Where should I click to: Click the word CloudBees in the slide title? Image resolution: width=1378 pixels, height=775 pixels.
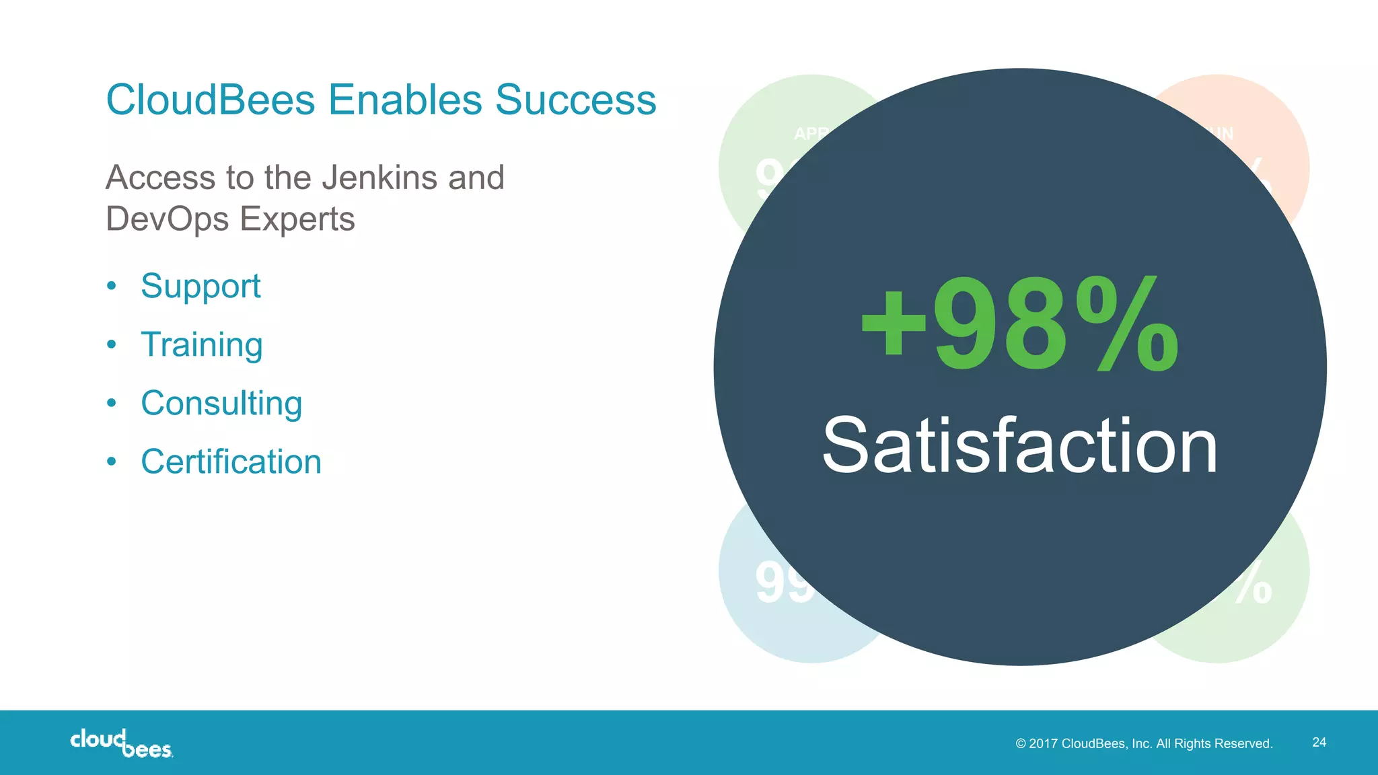[211, 100]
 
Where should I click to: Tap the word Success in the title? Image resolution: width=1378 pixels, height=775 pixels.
[575, 100]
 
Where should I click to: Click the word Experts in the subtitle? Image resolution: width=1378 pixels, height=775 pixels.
[297, 219]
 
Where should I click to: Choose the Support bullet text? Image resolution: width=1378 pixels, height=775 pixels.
[201, 287]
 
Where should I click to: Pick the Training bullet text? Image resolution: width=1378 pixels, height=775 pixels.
[202, 345]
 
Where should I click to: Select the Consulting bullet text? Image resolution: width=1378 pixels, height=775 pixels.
[221, 404]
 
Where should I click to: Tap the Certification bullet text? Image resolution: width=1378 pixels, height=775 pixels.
[231, 462]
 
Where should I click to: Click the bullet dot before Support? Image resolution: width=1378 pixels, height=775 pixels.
[112, 286]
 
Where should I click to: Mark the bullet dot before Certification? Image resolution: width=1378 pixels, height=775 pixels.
[112, 462]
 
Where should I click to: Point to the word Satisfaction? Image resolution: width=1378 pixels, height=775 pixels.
[1019, 446]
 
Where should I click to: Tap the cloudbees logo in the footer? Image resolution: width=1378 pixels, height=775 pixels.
[122, 743]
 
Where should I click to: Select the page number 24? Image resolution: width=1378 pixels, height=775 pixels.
[1319, 742]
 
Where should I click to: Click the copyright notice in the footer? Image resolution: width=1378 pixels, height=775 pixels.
[1144, 743]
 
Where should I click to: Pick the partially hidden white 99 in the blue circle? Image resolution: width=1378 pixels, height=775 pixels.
[783, 583]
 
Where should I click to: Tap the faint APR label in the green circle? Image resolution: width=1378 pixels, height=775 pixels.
[809, 133]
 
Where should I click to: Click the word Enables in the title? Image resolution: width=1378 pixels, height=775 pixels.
[405, 100]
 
